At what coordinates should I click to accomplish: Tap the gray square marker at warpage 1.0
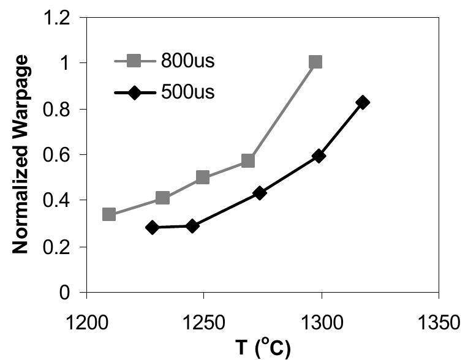(x=315, y=62)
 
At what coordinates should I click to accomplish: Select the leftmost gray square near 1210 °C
(x=109, y=214)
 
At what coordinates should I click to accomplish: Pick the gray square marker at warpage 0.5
(x=203, y=178)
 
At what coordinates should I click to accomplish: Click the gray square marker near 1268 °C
(x=248, y=161)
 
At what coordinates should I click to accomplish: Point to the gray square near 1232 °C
(x=162, y=198)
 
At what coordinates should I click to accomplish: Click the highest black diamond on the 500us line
(x=363, y=102)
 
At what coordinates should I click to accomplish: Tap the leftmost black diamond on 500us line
(x=153, y=227)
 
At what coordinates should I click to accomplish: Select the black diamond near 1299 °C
(x=318, y=156)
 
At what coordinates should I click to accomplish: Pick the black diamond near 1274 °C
(x=260, y=193)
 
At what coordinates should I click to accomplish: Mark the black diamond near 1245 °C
(x=192, y=226)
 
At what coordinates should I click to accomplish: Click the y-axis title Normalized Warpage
(x=22, y=154)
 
